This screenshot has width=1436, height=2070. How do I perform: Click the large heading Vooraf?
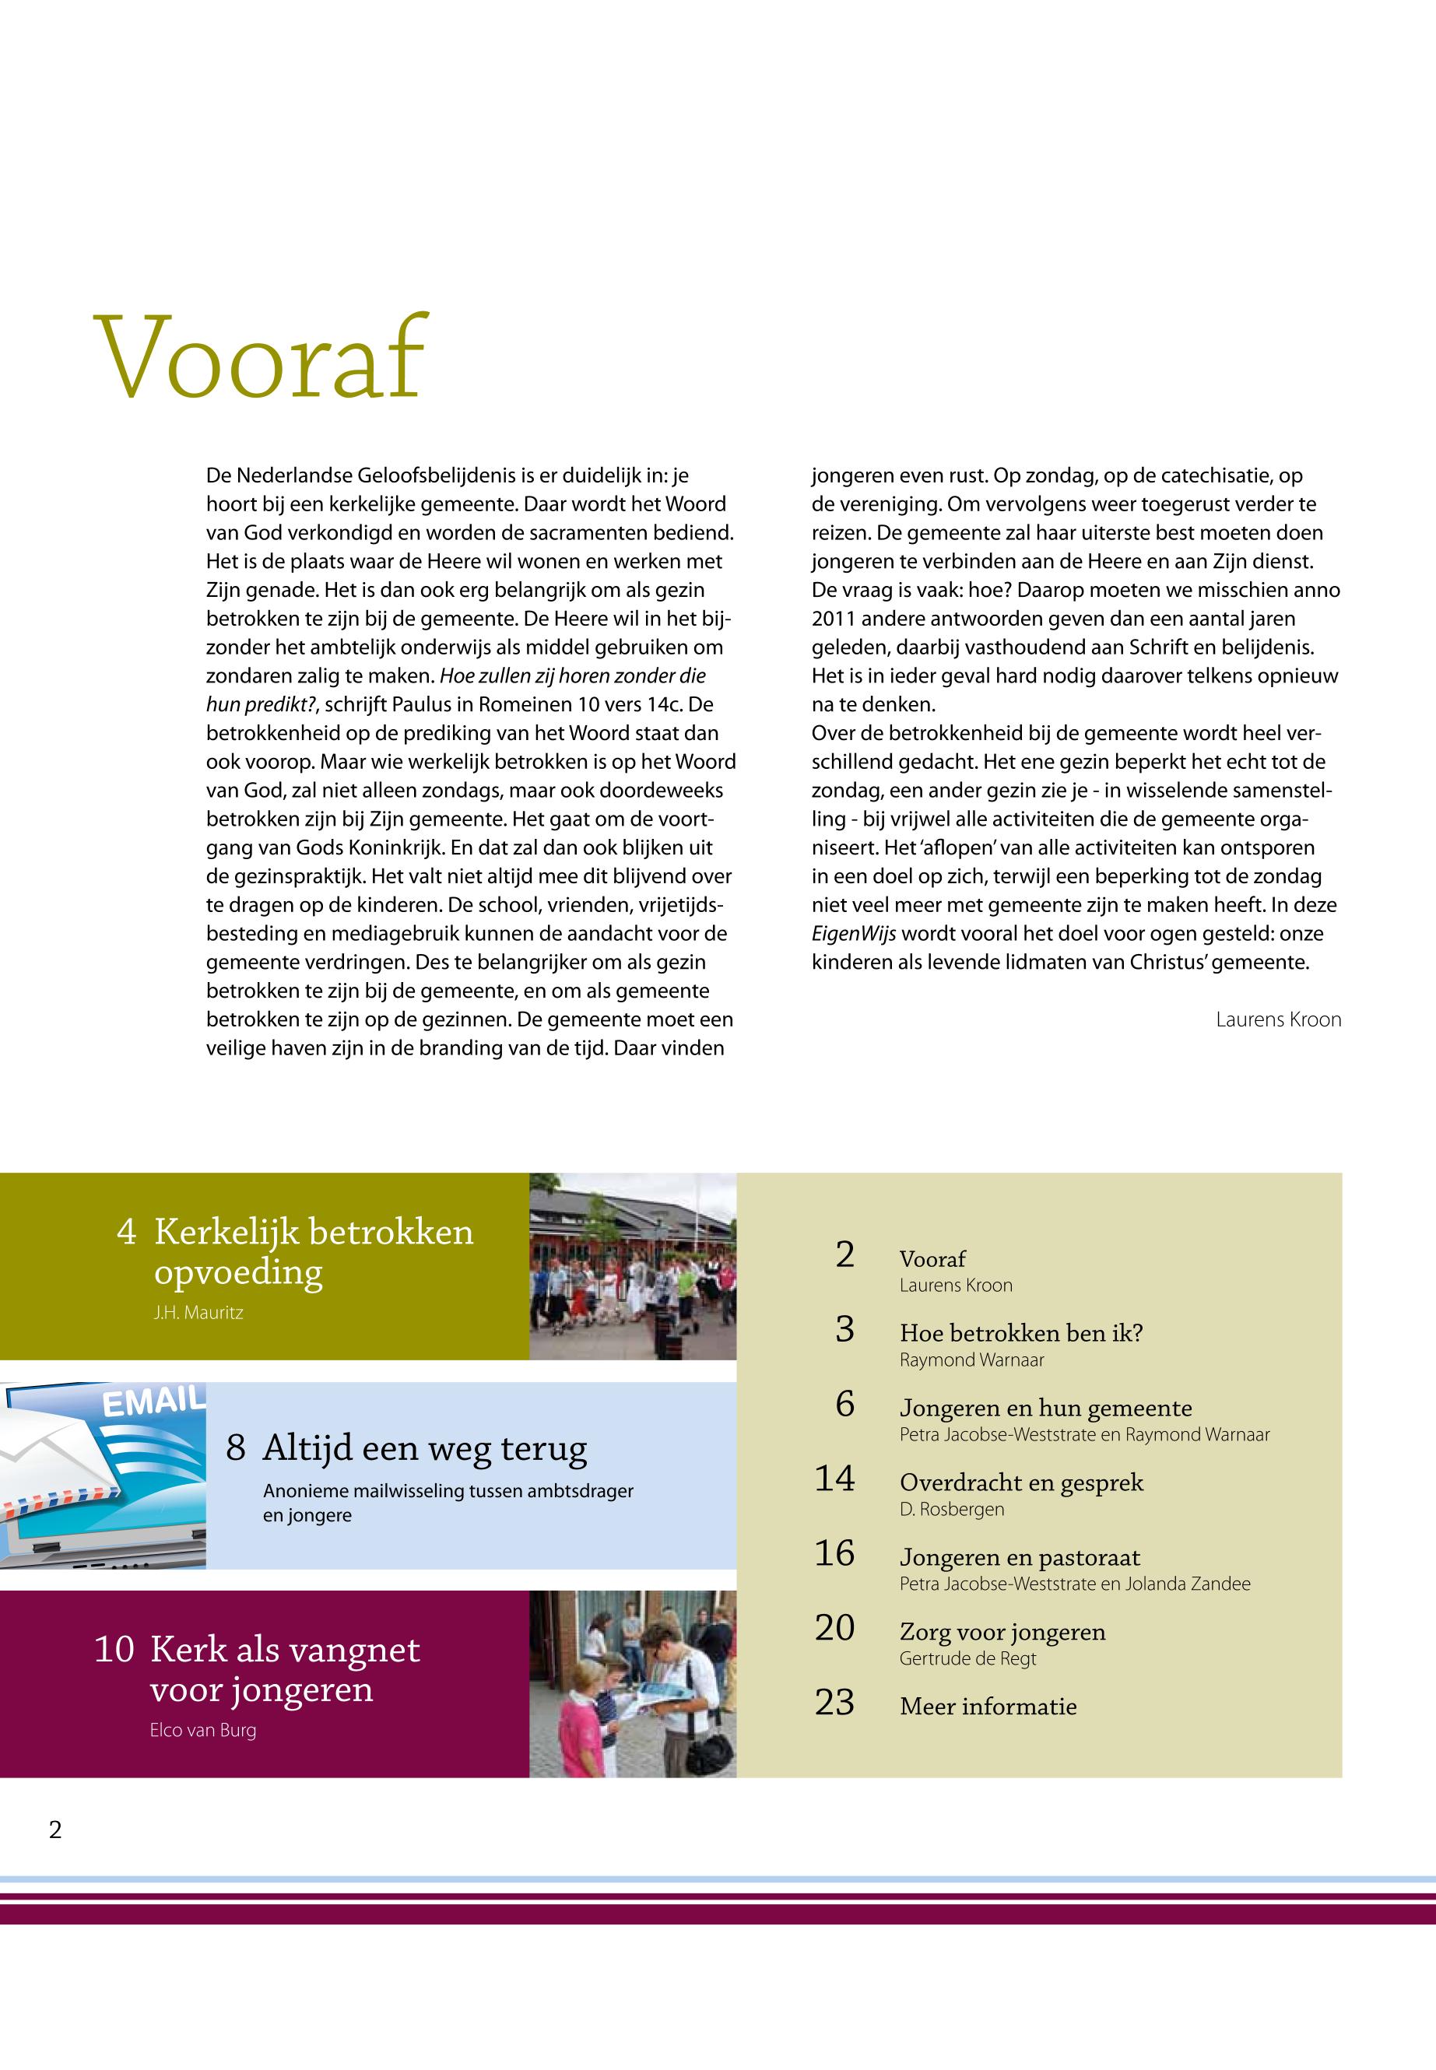[x=259, y=358]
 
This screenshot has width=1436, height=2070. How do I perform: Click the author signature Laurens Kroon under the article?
[x=1278, y=1019]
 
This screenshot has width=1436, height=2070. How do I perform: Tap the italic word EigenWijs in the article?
[x=854, y=933]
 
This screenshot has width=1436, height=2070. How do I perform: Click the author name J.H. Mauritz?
[x=198, y=1313]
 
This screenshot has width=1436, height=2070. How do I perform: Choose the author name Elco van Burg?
[x=202, y=1730]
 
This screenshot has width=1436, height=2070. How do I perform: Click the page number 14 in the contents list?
[x=834, y=1478]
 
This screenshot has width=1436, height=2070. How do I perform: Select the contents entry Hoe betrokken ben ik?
[x=1020, y=1332]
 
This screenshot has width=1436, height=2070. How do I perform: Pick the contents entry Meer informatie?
[x=988, y=1706]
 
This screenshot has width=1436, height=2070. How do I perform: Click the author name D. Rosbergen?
[x=951, y=1509]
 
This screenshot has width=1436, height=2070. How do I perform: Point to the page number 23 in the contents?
[x=834, y=1702]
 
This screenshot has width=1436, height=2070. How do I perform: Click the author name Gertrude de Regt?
[x=967, y=1658]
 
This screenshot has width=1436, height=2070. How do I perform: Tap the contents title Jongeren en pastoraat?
[x=1020, y=1557]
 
